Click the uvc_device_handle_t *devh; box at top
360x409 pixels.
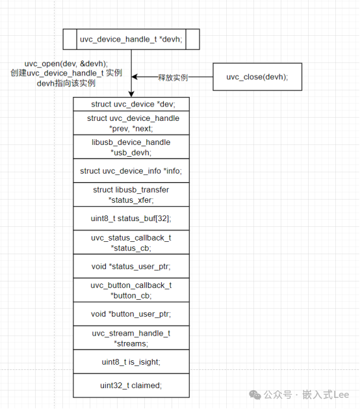(x=131, y=40)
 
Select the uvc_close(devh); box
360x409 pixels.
(x=257, y=77)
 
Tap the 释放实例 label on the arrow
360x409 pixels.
(x=173, y=77)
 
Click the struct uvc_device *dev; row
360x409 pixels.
(x=131, y=104)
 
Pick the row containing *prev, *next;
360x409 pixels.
(x=131, y=123)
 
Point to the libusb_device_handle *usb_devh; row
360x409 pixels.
(x=131, y=147)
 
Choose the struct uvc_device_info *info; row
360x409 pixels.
(x=131, y=171)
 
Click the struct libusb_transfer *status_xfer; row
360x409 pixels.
(x=131, y=195)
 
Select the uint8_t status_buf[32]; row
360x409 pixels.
(x=131, y=218)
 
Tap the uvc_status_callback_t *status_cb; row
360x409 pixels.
(x=131, y=243)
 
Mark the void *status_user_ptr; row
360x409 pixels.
(x=131, y=267)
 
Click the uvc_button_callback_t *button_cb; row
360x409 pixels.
(x=131, y=290)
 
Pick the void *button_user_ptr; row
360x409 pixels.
(x=131, y=314)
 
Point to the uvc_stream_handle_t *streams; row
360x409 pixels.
(x=131, y=338)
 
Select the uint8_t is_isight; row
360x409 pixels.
(x=131, y=362)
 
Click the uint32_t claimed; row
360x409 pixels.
(x=131, y=386)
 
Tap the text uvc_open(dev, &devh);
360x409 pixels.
(x=66, y=64)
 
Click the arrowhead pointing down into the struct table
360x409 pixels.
(x=131, y=94)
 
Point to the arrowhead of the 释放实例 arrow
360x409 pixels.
(x=135, y=77)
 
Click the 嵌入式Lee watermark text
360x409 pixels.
(x=326, y=395)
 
